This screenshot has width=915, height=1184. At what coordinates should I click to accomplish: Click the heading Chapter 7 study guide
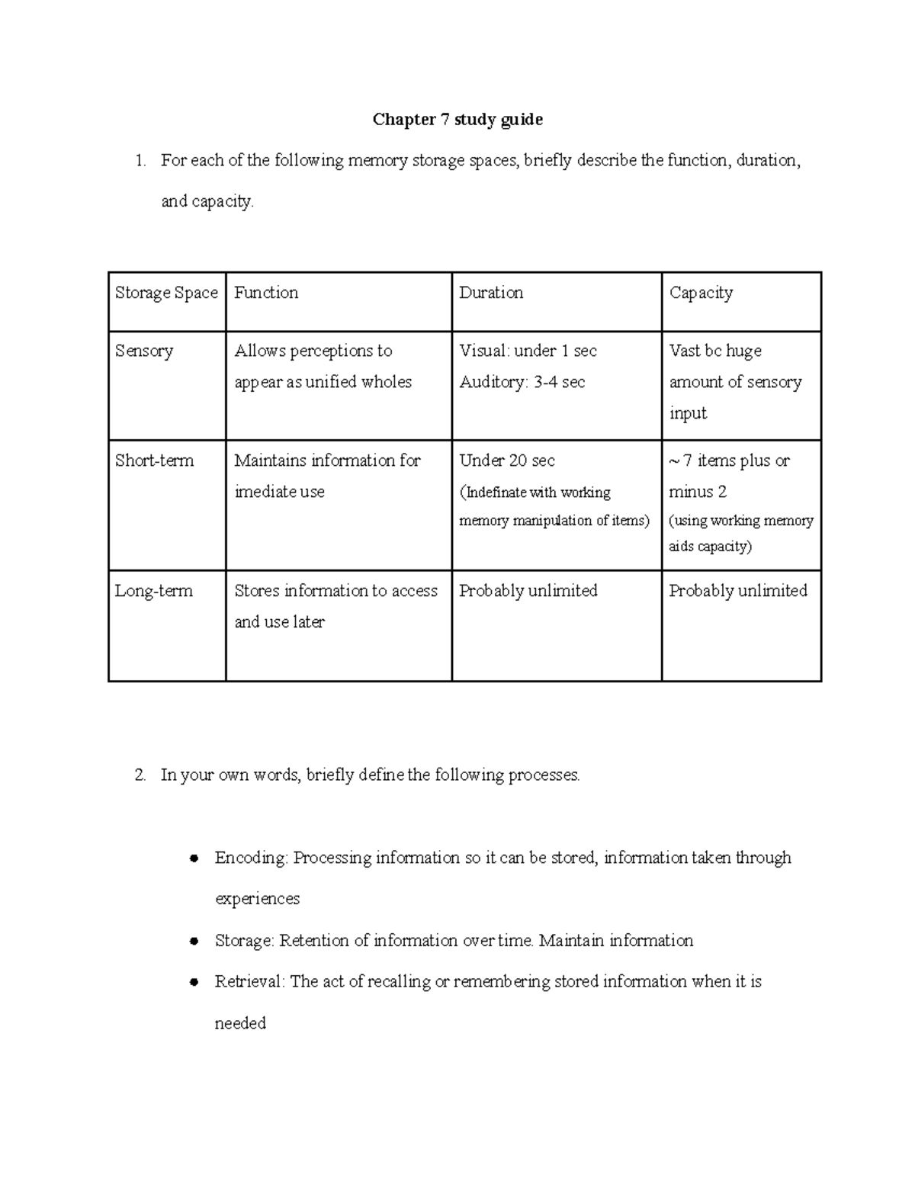457,120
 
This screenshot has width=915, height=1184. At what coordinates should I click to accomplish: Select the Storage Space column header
166,293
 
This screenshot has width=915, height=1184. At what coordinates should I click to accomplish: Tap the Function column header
265,293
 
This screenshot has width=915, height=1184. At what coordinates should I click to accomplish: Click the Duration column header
490,293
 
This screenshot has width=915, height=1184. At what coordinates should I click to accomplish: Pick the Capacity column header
701,293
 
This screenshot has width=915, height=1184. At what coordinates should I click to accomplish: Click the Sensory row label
144,351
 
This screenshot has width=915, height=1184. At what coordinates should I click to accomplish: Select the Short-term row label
154,460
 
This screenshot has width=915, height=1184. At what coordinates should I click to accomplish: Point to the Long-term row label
153,591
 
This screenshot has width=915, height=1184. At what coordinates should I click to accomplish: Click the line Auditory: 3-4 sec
522,382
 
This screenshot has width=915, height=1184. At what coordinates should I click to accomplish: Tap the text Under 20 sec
506,460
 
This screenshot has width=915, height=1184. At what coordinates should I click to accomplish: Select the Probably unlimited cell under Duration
528,591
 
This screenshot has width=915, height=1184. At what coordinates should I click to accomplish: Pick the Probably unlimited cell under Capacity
737,591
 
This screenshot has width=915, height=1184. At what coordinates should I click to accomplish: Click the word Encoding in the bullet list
250,858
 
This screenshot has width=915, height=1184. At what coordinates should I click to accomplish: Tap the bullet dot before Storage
194,941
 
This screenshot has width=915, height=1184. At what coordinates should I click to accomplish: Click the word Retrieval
249,982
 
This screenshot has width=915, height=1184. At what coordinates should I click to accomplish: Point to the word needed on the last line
240,1023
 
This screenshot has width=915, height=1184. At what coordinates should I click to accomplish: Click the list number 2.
139,775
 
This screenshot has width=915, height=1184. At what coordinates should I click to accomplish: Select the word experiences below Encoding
257,899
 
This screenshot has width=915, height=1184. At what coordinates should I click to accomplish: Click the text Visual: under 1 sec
528,351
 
